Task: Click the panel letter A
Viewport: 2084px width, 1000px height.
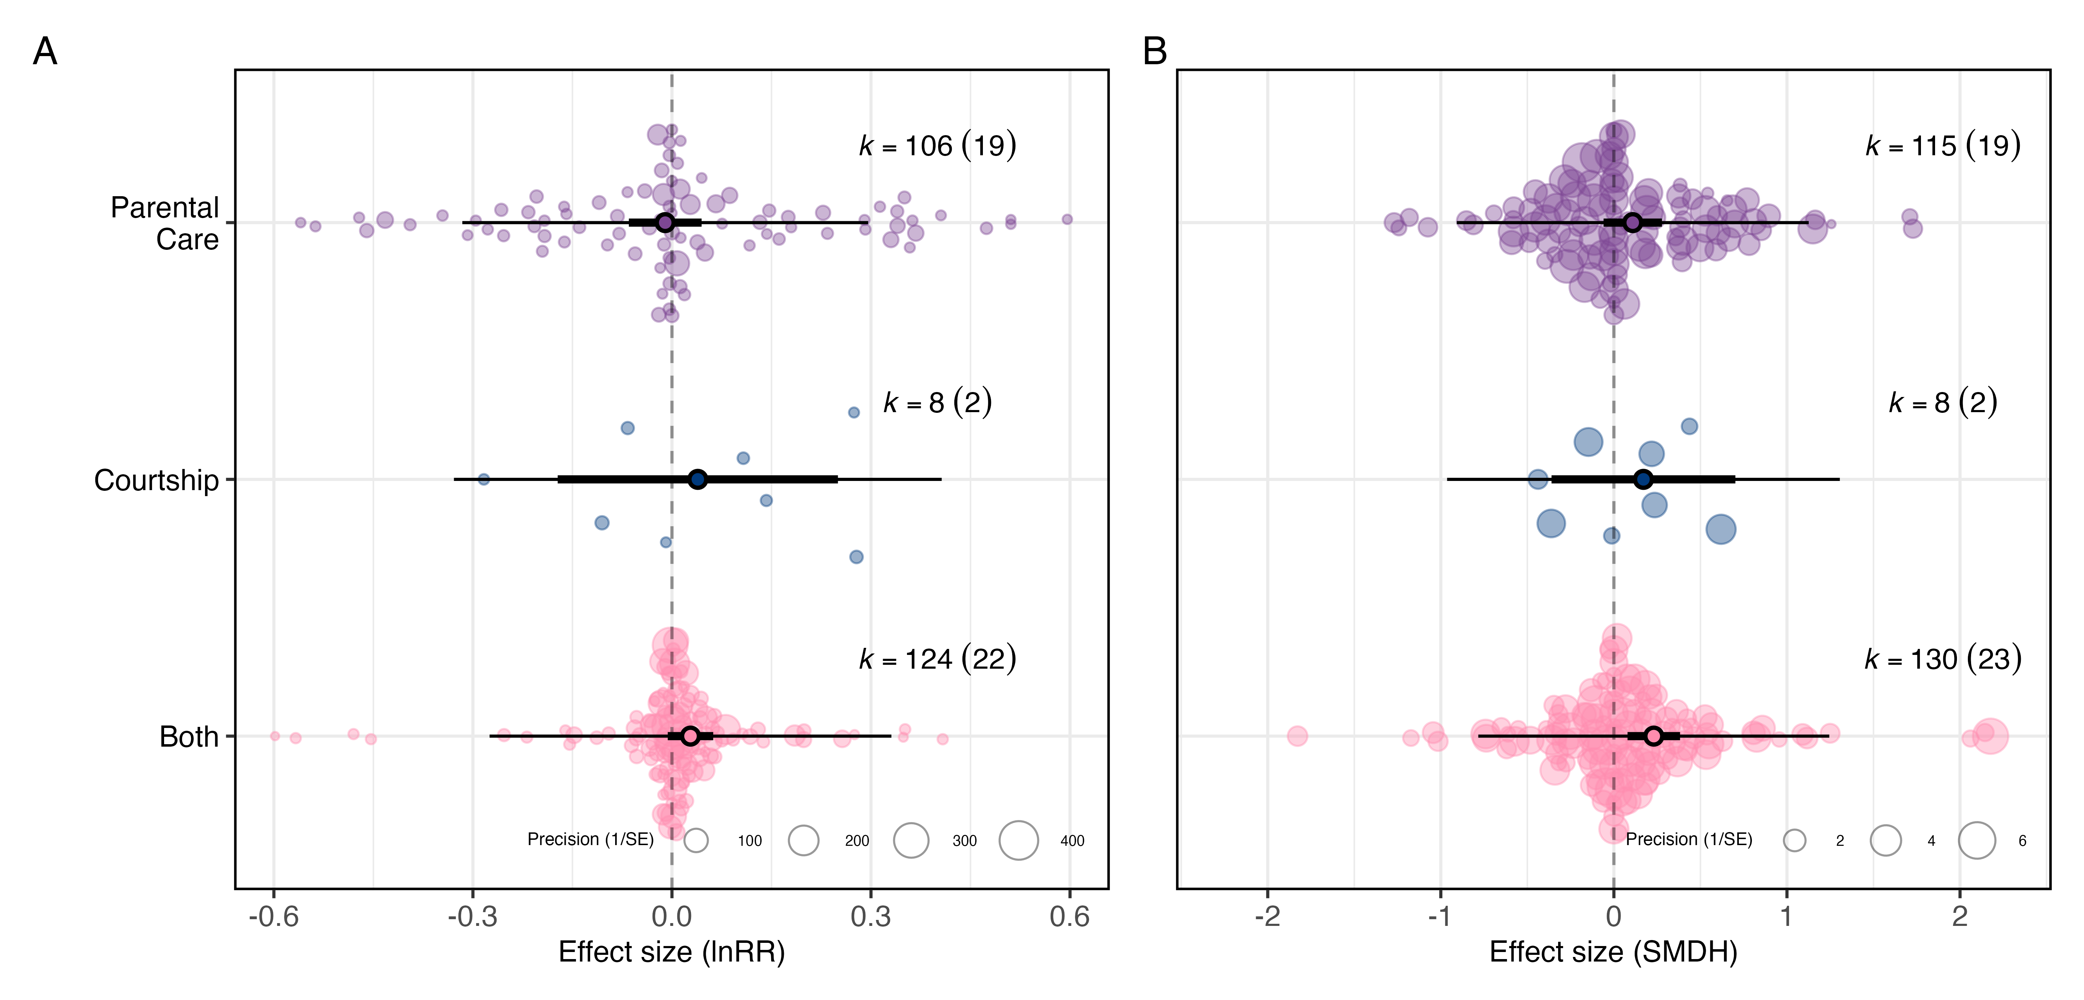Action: pyautogui.click(x=45, y=52)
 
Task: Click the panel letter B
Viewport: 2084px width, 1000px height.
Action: pyautogui.click(x=1154, y=52)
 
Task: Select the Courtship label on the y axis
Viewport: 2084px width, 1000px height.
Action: pyautogui.click(x=156, y=481)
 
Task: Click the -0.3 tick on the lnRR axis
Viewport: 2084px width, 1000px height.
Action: pyautogui.click(x=473, y=917)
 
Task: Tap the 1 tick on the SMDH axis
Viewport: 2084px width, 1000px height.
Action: pyautogui.click(x=1786, y=917)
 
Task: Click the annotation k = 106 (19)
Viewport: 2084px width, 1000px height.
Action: pyautogui.click(x=937, y=146)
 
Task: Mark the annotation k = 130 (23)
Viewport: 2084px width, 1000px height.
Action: pyautogui.click(x=1942, y=659)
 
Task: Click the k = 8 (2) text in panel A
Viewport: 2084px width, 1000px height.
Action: pyautogui.click(x=937, y=402)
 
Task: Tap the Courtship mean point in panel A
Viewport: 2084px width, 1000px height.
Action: pyautogui.click(x=697, y=479)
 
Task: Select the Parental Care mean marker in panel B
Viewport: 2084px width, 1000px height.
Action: pyautogui.click(x=1633, y=223)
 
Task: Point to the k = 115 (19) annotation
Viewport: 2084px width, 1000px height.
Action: pyautogui.click(x=1942, y=146)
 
